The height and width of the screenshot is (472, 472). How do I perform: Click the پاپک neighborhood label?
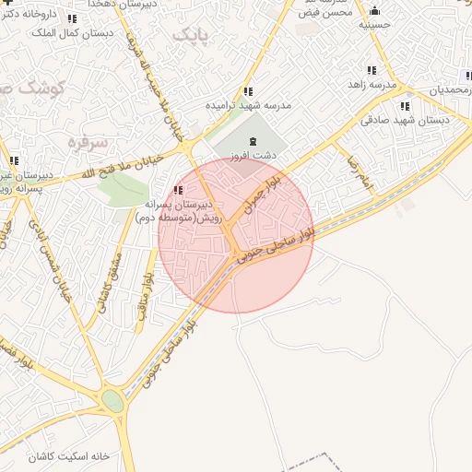click(190, 34)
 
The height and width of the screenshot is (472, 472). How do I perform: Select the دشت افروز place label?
click(255, 155)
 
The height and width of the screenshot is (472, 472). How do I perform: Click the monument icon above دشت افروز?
click(254, 139)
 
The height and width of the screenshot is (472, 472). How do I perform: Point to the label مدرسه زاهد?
click(369, 85)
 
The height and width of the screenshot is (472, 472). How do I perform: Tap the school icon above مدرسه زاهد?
click(371, 70)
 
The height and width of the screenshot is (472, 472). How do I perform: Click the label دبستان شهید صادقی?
click(405, 120)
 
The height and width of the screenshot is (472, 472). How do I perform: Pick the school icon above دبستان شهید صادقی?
click(405, 106)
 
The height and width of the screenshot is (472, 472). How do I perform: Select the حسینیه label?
click(374, 26)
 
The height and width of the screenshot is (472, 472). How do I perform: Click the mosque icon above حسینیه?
click(374, 11)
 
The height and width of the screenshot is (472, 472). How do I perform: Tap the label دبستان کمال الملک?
click(72, 33)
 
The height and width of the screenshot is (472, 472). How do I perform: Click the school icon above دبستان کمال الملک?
click(72, 18)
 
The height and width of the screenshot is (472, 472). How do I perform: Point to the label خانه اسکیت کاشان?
click(68, 456)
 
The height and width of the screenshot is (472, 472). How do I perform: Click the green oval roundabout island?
click(112, 401)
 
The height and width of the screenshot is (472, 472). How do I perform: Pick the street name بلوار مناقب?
click(145, 295)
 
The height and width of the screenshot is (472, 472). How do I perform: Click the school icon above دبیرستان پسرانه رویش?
click(177, 189)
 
